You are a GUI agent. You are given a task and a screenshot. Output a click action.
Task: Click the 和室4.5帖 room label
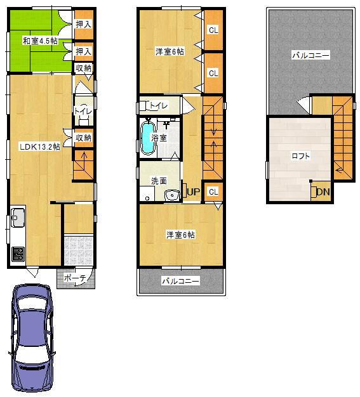pyautogui.click(x=40, y=41)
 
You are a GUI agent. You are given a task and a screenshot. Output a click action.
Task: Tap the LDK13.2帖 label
pyautogui.click(x=39, y=146)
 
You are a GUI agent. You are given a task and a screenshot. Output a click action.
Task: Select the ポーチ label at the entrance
pyautogui.click(x=76, y=278)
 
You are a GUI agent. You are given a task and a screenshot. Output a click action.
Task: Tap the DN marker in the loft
pyautogui.click(x=323, y=192)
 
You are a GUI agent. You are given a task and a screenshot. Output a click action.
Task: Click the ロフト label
pyautogui.click(x=301, y=156)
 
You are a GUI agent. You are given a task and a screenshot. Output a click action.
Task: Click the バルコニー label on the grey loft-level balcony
pyautogui.click(x=310, y=56)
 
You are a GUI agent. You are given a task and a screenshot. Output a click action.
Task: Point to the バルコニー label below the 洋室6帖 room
pyautogui.click(x=180, y=280)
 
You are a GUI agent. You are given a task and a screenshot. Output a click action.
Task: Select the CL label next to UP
pyautogui.click(x=213, y=192)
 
